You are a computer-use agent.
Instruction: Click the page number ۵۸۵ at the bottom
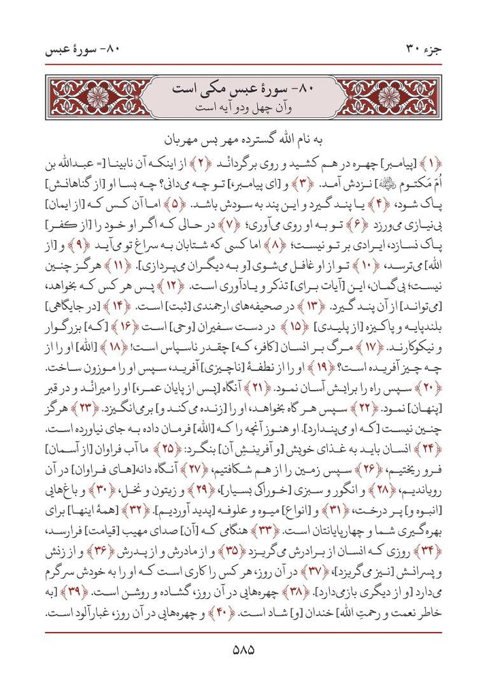(243, 649)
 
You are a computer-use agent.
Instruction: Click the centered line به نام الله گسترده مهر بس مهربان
(244, 141)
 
